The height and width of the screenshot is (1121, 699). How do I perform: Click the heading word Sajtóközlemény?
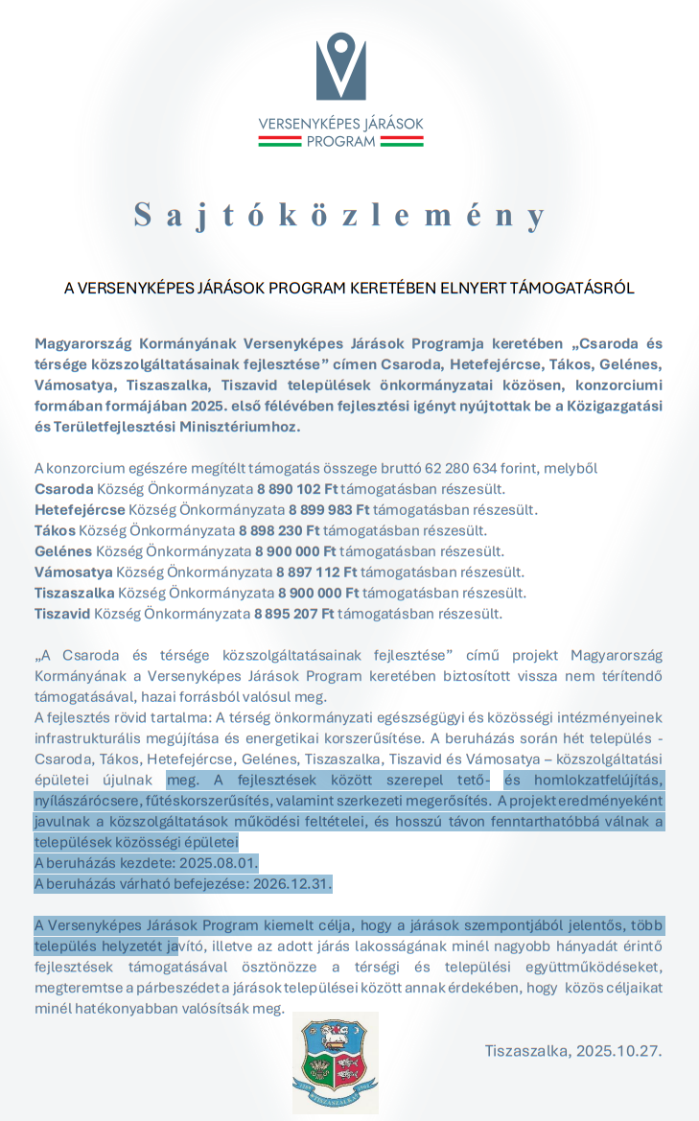point(340,214)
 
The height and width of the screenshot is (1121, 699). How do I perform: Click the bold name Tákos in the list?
point(55,530)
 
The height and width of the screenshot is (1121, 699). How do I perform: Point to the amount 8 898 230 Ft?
point(279,530)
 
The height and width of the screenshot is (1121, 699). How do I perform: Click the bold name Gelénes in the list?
point(63,551)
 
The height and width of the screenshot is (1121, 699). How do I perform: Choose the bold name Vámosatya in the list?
point(73,572)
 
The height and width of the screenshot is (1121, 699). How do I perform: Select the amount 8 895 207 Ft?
point(293,614)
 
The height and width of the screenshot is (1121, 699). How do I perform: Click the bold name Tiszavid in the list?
point(62,614)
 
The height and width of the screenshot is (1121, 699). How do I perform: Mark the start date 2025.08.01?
point(208,862)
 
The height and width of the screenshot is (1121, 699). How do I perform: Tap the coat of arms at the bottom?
point(335,1062)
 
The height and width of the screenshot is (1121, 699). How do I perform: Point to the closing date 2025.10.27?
point(618,1050)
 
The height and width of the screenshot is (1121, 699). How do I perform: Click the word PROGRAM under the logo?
point(340,141)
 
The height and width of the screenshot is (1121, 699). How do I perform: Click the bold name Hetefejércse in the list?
point(80,509)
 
